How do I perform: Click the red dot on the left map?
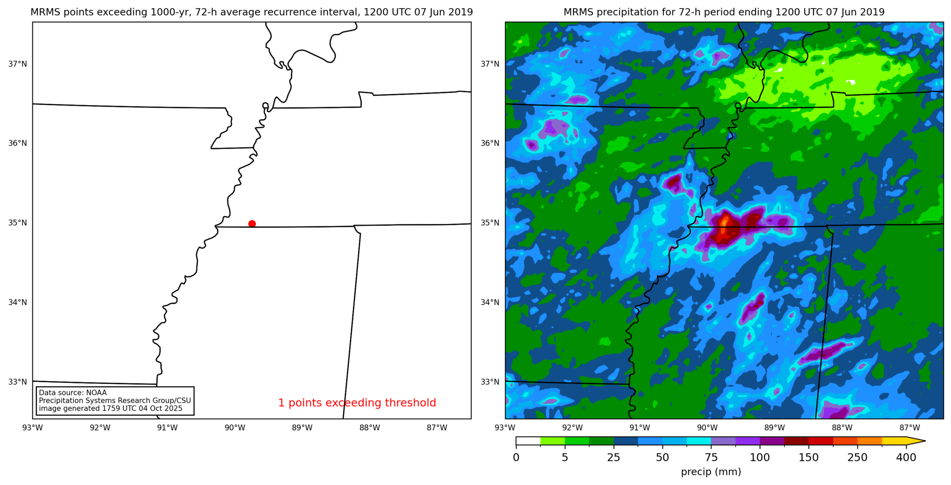click(x=252, y=224)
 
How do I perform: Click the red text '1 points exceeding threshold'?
click(x=357, y=403)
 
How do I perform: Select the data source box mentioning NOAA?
click(x=115, y=401)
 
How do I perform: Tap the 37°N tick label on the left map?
click(x=17, y=64)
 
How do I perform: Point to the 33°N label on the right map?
click(x=490, y=382)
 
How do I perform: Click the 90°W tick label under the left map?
click(x=235, y=428)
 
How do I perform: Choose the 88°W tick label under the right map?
click(x=842, y=428)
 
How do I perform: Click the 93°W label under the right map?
click(x=505, y=428)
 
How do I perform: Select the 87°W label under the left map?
click(x=437, y=428)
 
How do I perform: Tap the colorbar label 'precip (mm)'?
click(x=711, y=472)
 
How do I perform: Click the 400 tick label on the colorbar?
click(x=906, y=458)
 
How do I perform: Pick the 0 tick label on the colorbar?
click(x=516, y=458)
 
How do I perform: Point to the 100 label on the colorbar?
click(x=759, y=458)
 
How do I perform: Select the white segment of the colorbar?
click(x=528, y=441)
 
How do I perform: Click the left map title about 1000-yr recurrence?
click(x=252, y=12)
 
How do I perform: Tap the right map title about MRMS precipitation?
click(x=724, y=12)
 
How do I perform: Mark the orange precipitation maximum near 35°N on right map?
click(x=724, y=223)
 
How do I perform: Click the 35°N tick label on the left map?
click(x=17, y=223)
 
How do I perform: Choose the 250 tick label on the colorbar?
click(x=857, y=458)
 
